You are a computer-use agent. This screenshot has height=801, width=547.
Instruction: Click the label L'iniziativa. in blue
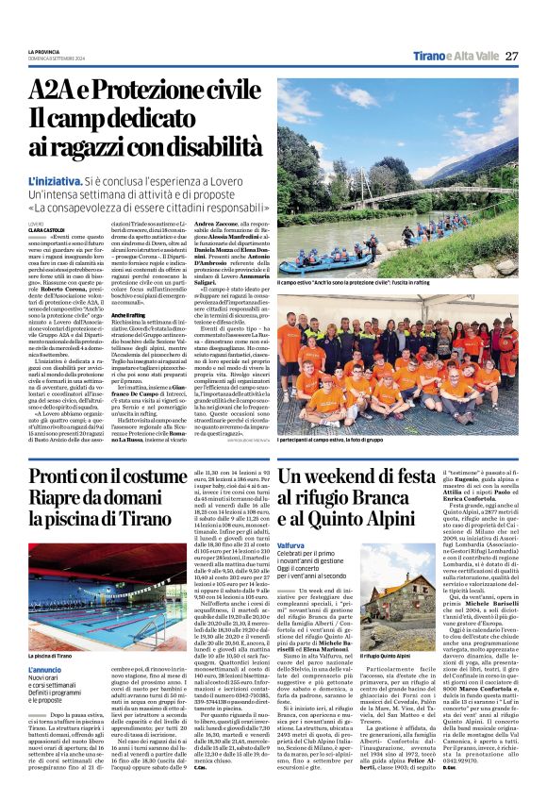tap(55, 178)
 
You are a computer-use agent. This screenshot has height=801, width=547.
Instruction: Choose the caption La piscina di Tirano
tap(50, 654)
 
